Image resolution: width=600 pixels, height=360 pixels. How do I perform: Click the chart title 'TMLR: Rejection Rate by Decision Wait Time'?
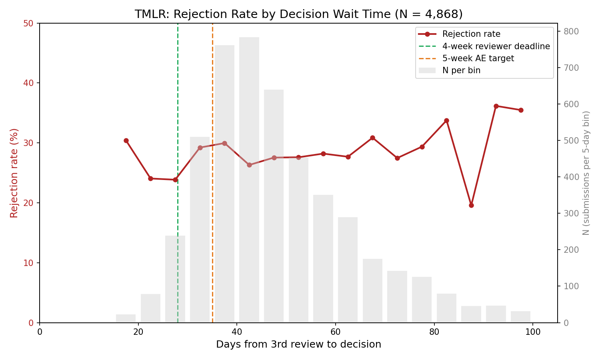(x=298, y=14)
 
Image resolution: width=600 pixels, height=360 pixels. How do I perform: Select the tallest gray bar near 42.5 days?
(x=249, y=180)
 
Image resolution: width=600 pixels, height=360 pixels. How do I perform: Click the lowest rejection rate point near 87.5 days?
(x=471, y=205)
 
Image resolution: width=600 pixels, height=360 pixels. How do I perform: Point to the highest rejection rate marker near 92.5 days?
(x=496, y=106)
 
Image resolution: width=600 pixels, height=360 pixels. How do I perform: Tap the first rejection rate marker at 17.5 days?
(x=126, y=140)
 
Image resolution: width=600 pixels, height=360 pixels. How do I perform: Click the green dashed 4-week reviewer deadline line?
(x=178, y=100)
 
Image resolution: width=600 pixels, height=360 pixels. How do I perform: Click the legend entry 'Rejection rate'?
(x=471, y=34)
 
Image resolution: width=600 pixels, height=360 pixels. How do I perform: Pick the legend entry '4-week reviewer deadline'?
(x=496, y=46)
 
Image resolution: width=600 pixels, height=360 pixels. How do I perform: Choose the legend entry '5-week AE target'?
(x=478, y=58)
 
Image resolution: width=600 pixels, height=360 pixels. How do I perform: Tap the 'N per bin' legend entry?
(x=461, y=70)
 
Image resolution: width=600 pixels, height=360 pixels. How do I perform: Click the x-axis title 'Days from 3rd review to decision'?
(x=298, y=344)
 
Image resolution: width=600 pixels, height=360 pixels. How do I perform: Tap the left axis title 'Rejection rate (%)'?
(x=14, y=173)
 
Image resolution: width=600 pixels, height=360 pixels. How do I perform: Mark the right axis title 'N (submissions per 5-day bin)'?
(x=586, y=173)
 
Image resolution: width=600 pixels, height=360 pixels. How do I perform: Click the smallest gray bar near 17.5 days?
(x=126, y=318)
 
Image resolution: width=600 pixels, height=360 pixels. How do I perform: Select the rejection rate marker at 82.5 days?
(x=446, y=120)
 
